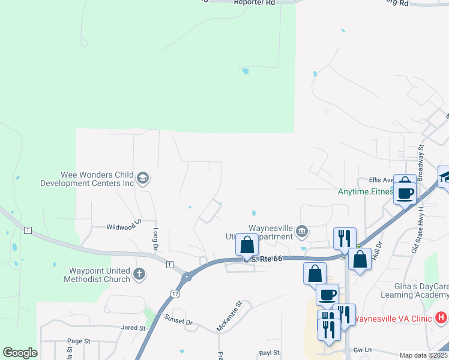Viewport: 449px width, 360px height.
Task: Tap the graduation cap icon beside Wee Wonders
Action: (143, 178)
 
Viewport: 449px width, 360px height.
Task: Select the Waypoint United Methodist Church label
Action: (91, 275)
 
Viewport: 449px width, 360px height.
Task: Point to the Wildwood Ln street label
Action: (123, 227)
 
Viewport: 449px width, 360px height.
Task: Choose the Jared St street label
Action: (133, 328)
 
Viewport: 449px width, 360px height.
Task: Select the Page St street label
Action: (78, 341)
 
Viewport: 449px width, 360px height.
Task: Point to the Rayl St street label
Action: (270, 353)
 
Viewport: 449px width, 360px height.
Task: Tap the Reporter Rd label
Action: (254, 3)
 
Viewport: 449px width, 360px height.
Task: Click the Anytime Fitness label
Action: (366, 192)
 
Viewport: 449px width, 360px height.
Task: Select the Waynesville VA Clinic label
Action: (392, 319)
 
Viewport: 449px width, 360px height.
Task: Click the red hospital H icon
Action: (441, 317)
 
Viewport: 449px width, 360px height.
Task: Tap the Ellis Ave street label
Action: (381, 179)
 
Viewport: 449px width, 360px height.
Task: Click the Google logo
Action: (20, 353)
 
